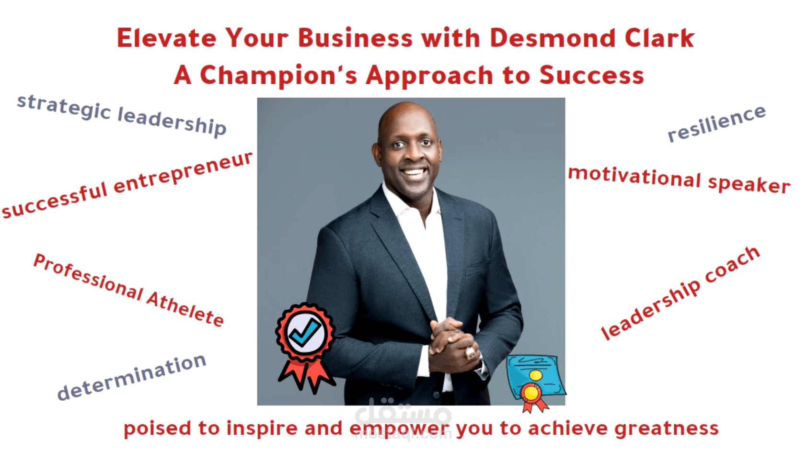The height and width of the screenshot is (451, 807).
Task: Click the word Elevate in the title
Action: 166,38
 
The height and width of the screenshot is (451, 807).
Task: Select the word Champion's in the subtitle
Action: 278,75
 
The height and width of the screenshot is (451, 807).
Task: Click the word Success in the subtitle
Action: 591,75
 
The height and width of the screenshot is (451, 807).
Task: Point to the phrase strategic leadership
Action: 122,115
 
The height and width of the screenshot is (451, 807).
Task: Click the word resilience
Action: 716,124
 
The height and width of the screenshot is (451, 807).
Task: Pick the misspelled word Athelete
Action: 185,309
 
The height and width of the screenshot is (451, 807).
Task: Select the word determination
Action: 131,377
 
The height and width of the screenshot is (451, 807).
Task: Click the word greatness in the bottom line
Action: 666,428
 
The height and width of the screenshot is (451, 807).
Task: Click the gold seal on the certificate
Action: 530,393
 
